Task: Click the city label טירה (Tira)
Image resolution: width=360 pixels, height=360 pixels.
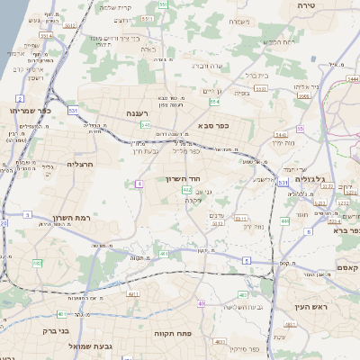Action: [x=308, y=5]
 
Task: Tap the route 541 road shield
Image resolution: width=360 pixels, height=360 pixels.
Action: [x=145, y=125]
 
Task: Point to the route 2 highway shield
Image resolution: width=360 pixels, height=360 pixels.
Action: [x=20, y=97]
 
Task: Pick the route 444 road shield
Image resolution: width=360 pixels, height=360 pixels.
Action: [x=284, y=220]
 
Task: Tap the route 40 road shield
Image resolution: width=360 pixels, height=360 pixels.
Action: [x=202, y=305]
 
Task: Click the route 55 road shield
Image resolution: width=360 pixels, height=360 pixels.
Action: [x=300, y=129]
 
